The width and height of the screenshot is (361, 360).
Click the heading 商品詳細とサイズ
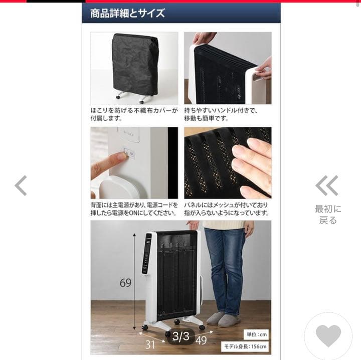pos(127,13)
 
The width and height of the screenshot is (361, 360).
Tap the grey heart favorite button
pos(328,335)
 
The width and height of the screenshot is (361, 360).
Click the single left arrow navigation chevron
pos(21,186)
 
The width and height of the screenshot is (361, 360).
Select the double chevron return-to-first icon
pos(327,186)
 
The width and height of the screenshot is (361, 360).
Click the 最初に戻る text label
pos(328,215)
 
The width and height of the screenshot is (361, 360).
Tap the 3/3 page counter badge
pos(180,336)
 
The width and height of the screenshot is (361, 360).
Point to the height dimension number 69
pos(125,283)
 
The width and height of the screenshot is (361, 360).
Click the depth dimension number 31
pos(150,344)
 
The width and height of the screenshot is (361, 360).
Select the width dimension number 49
pos(201,340)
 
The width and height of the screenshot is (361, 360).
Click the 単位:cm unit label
pos(257,334)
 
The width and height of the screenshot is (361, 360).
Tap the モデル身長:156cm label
pos(245,346)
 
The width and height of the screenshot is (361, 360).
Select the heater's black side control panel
pos(146,253)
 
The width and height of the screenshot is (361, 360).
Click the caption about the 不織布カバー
pos(134,114)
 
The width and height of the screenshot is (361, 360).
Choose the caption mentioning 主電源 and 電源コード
pos(134,209)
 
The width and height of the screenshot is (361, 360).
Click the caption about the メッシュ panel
pos(227,209)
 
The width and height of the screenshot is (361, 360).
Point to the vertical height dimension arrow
pos(134,281)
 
